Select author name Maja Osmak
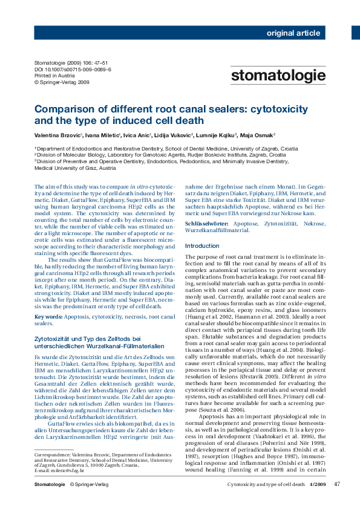(258, 135)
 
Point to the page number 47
(338, 484)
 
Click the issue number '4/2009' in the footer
(318, 484)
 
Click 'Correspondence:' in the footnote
(53, 453)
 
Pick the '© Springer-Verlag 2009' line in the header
(62, 82)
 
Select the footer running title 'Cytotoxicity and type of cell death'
(266, 484)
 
